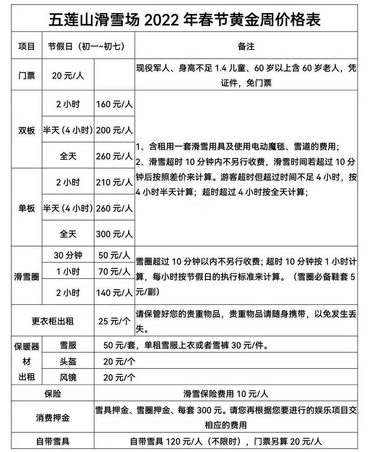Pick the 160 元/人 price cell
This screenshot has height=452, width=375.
click(114, 104)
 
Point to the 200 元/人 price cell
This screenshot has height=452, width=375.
click(114, 130)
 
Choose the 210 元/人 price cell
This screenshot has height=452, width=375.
click(114, 182)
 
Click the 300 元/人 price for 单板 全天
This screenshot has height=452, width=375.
click(114, 234)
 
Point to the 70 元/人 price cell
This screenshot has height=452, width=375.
click(114, 272)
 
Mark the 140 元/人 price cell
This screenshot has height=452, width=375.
click(114, 293)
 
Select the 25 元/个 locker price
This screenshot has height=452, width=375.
click(114, 321)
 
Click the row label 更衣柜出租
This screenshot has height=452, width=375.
click(52, 321)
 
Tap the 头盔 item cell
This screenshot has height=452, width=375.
click(68, 361)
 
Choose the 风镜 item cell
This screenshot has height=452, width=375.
click(68, 377)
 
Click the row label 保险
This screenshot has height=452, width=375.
click(52, 393)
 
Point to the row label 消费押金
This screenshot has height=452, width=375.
click(52, 417)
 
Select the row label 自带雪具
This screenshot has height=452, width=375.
click(52, 441)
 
